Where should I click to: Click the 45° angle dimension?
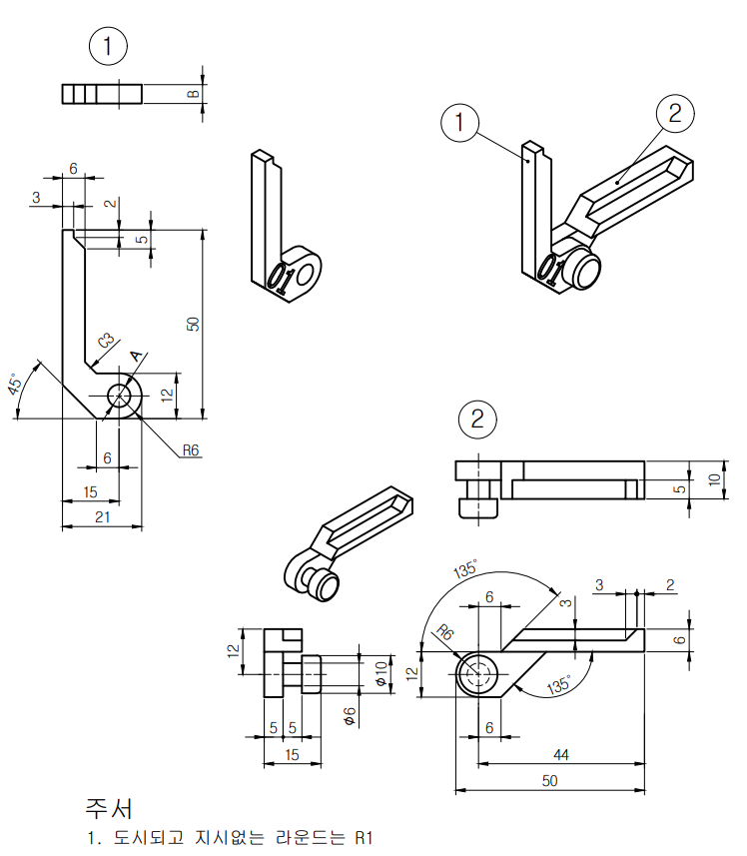pos(16,387)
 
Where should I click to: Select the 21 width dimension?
pos(101,515)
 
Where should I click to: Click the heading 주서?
pos(109,807)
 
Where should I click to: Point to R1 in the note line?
pos(363,837)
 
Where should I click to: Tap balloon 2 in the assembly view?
pos(675,112)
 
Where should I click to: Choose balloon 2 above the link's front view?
pos(477,419)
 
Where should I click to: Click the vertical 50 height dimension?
pos(194,324)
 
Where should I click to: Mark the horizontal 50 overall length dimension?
pos(548,781)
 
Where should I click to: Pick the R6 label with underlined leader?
pos(190,450)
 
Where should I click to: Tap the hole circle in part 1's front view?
pos(121,396)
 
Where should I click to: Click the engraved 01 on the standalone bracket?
pos(283,276)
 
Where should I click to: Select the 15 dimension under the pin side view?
pos(293,755)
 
